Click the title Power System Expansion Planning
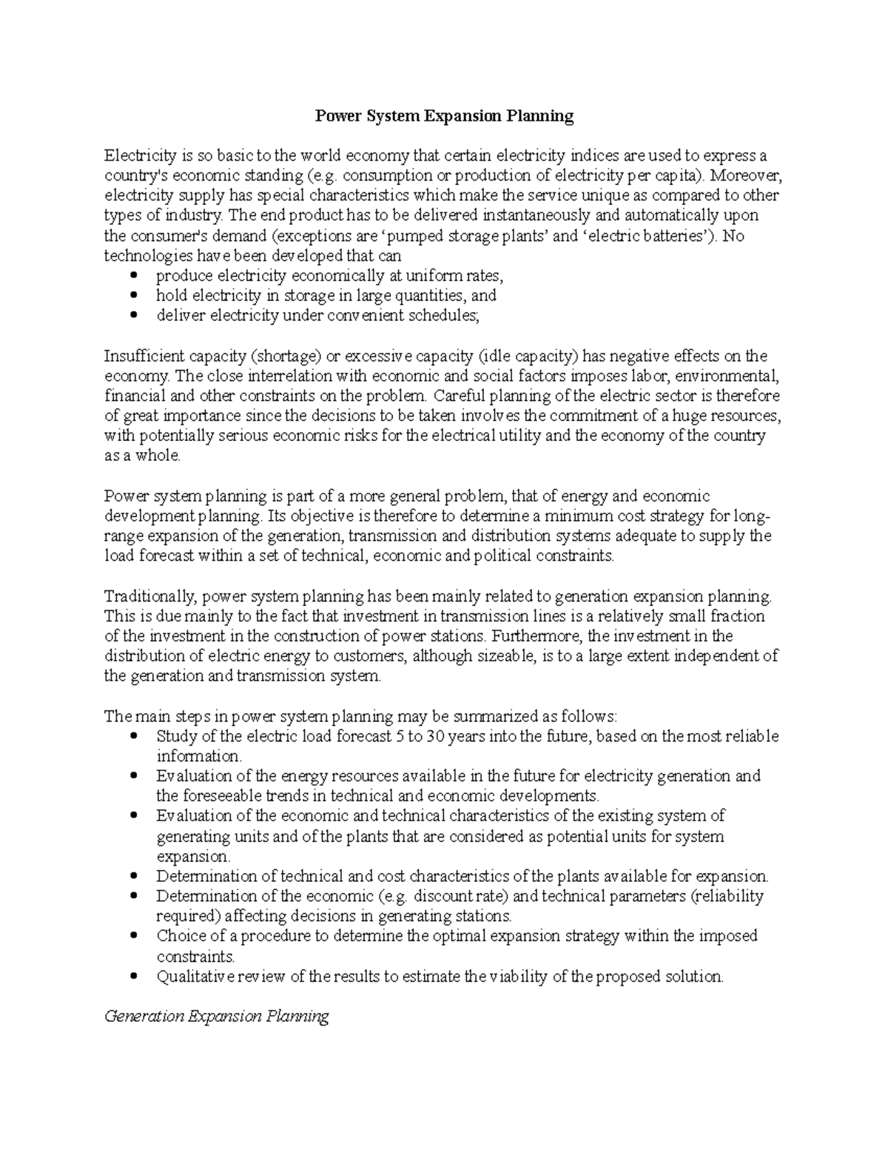coord(444,116)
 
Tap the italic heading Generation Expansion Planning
coord(217,1016)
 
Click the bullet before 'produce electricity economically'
coord(134,276)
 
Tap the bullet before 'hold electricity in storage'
coord(134,296)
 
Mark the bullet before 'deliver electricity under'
coord(134,316)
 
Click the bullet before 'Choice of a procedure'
coord(134,936)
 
